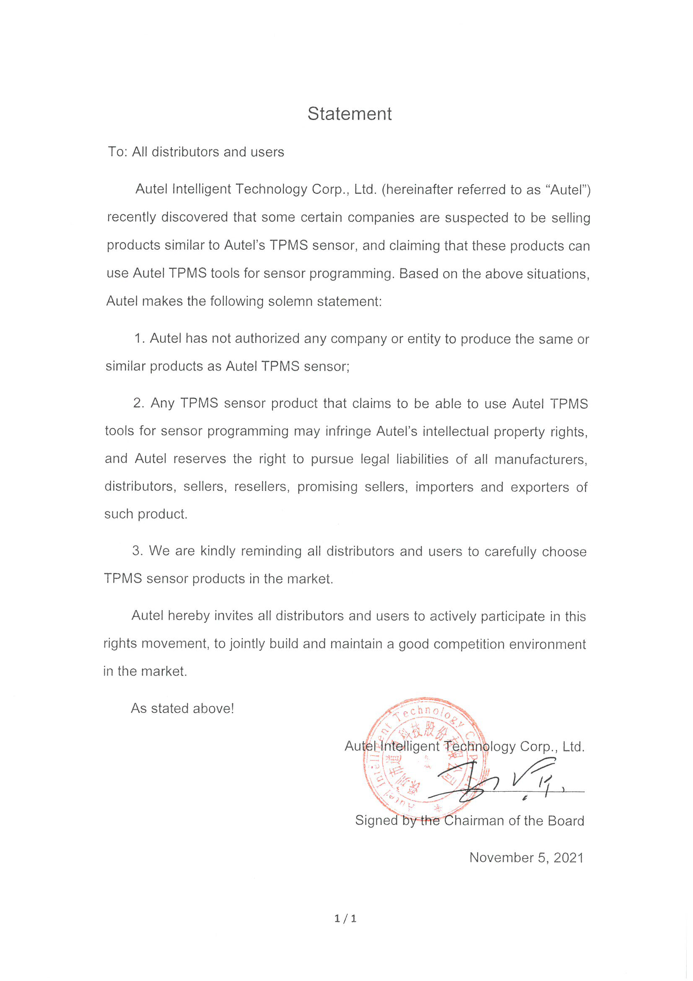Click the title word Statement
click(349, 114)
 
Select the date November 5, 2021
click(526, 858)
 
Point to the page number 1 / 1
click(345, 918)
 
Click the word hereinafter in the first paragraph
click(416, 189)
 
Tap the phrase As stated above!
click(182, 708)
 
